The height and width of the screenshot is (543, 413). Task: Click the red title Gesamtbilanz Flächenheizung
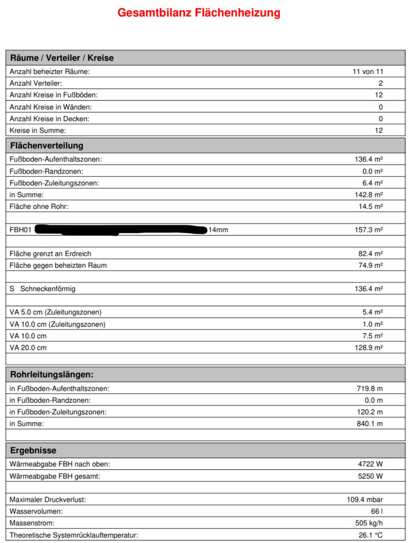[199, 13]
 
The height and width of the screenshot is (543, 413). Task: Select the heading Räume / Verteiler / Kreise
[62, 58]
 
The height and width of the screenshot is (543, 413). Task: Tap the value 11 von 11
[368, 72]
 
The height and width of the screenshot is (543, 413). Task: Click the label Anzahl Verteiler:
[36, 83]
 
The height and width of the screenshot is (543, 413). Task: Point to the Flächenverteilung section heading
[47, 146]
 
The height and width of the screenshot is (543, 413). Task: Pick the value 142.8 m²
[368, 195]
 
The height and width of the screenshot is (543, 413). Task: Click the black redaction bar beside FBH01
[121, 230]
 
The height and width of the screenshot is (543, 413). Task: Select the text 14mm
[218, 230]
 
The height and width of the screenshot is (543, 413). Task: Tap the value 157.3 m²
[368, 230]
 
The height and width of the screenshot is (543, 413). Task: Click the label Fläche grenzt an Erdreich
[50, 254]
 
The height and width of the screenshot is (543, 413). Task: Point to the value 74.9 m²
[370, 265]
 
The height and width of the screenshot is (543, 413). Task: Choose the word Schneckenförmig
[48, 289]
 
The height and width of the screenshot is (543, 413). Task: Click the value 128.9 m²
[368, 348]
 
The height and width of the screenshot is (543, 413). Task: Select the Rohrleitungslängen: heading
[52, 375]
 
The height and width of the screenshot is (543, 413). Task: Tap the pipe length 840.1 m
[369, 424]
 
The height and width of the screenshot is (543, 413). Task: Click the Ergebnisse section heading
[33, 450]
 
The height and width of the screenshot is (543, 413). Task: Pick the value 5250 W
[370, 476]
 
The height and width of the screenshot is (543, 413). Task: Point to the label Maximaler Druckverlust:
[48, 500]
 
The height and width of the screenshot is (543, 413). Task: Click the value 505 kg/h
[369, 523]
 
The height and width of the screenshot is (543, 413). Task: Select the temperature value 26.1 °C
[370, 535]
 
